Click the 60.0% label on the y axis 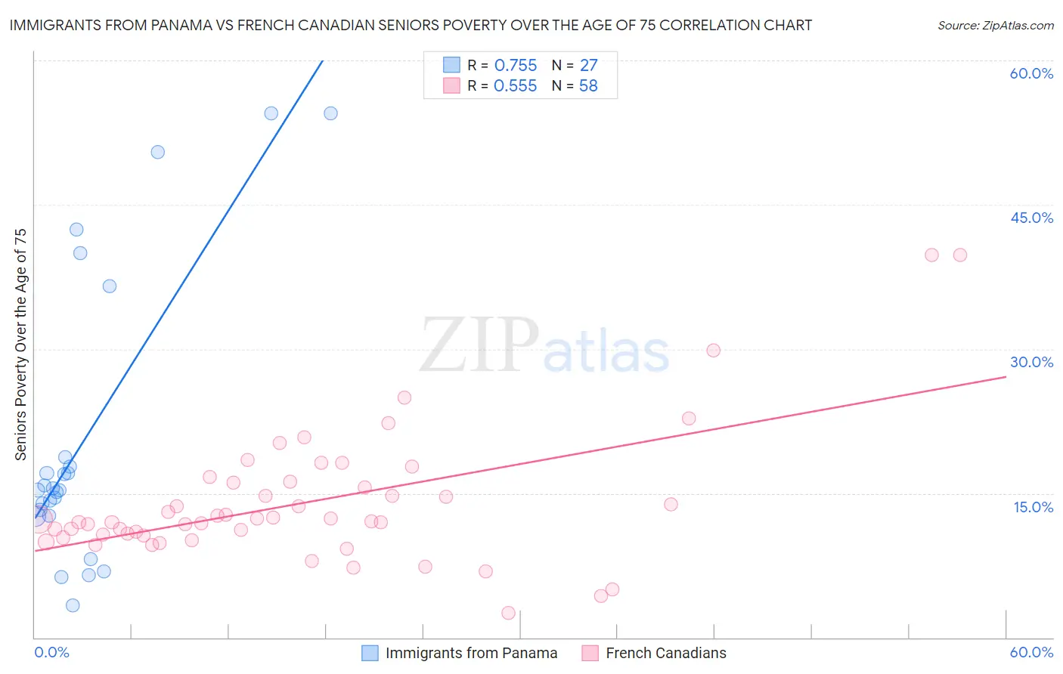[x=1031, y=73]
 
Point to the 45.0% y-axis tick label [x=1031, y=218]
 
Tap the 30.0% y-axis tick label [x=1031, y=362]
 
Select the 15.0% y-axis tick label [x=1033, y=507]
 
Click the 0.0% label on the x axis [x=51, y=652]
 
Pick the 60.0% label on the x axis [x=1031, y=652]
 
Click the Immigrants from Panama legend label [x=471, y=653]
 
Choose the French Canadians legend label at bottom [x=665, y=653]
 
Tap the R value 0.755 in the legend [x=515, y=66]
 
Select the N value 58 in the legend [x=588, y=86]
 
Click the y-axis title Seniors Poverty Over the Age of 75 [x=21, y=344]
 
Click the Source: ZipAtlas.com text [x=995, y=26]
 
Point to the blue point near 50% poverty [x=158, y=152]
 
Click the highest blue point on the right [x=330, y=113]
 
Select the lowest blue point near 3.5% [x=73, y=605]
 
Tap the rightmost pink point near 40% [x=960, y=255]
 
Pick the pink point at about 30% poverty [x=713, y=350]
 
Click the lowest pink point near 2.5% [x=508, y=613]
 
